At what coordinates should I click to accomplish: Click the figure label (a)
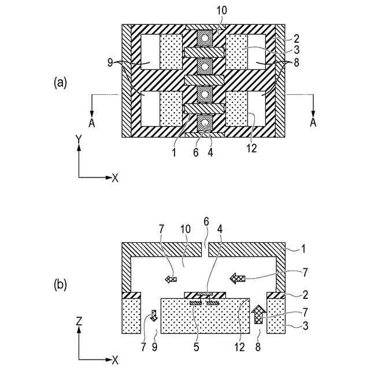point(61,83)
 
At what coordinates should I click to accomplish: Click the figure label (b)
point(61,284)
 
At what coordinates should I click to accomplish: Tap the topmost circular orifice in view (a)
point(203,39)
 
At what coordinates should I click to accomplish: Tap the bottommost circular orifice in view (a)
point(203,122)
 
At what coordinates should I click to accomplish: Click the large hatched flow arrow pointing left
point(237,279)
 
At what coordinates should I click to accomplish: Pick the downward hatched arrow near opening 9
point(154,316)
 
